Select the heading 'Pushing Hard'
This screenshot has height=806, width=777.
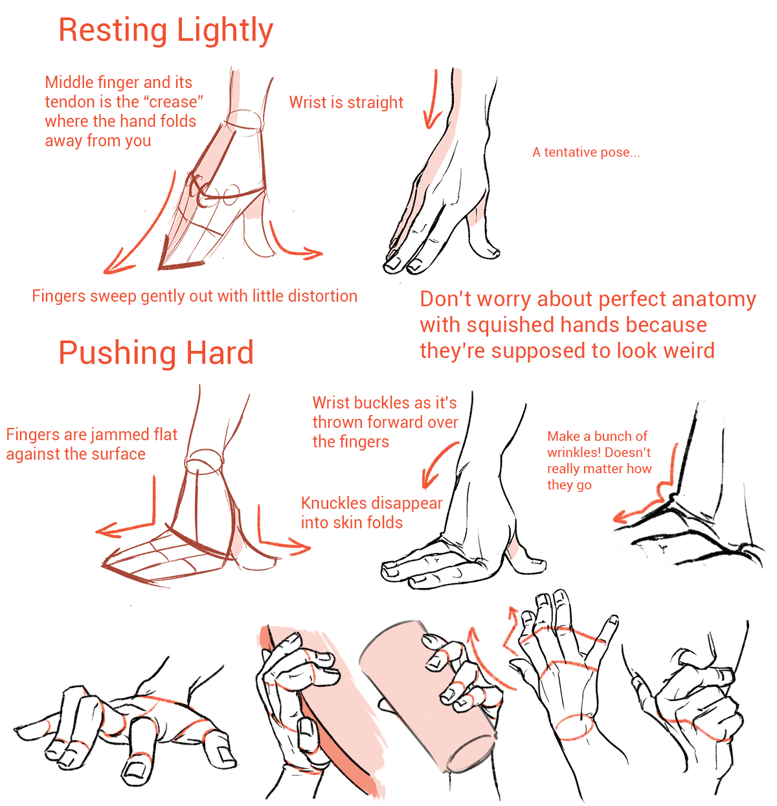click(x=156, y=352)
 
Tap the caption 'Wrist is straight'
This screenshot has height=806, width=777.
click(x=346, y=102)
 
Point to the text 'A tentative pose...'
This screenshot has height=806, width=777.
click(x=586, y=152)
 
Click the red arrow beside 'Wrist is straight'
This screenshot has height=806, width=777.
click(x=433, y=100)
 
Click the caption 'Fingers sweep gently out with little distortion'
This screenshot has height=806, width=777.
click(x=195, y=296)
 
